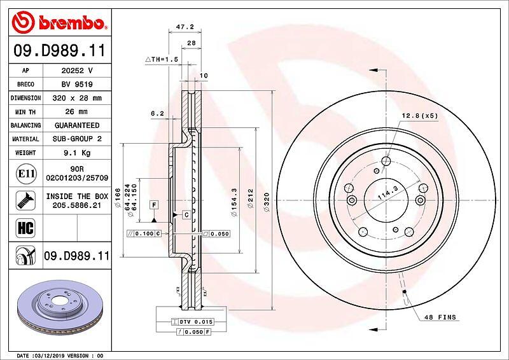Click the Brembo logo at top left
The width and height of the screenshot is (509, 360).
(x=59, y=22)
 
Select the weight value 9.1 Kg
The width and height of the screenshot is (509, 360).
(x=77, y=153)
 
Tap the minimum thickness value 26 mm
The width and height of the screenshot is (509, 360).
(x=76, y=112)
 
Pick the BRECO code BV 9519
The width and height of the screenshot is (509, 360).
(x=77, y=85)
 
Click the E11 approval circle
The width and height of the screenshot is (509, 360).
(x=26, y=174)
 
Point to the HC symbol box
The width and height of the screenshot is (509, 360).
(x=25, y=228)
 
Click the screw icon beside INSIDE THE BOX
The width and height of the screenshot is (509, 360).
(x=25, y=200)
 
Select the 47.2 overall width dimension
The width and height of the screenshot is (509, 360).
(x=185, y=27)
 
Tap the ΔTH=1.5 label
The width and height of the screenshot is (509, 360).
(x=162, y=59)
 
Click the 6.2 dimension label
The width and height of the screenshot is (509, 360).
(x=157, y=113)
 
